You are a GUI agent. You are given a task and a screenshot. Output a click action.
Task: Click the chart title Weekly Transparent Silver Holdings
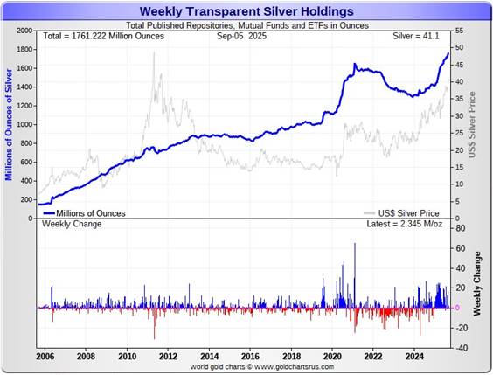(246, 11)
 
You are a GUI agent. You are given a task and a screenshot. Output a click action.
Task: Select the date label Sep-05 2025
(246, 38)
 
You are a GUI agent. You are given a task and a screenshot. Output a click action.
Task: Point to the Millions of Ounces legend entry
(90, 212)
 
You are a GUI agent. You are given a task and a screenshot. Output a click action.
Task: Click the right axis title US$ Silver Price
(473, 124)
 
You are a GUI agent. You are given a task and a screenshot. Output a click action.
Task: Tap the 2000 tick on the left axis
(24, 30)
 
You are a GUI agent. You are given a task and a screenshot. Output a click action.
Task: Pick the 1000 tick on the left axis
(24, 124)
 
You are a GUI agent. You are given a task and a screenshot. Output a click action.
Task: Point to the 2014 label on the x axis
(209, 357)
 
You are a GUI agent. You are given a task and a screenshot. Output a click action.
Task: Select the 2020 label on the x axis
(332, 357)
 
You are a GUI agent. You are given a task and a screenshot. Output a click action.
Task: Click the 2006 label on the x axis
(45, 357)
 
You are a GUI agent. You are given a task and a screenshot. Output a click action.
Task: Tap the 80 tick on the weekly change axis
(460, 229)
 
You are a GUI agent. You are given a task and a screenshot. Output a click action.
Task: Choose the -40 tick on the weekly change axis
(459, 347)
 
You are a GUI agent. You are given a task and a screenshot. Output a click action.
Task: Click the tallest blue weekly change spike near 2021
(355, 245)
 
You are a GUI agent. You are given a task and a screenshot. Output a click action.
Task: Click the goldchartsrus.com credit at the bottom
(246, 367)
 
